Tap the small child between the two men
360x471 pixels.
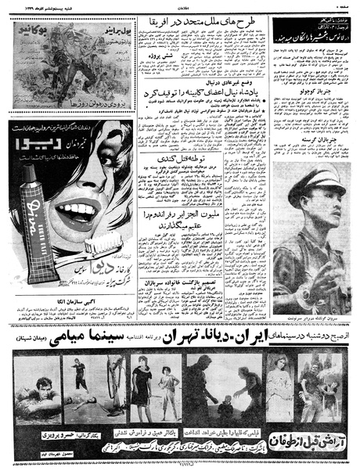pyautogui.click(x=227, y=407)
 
